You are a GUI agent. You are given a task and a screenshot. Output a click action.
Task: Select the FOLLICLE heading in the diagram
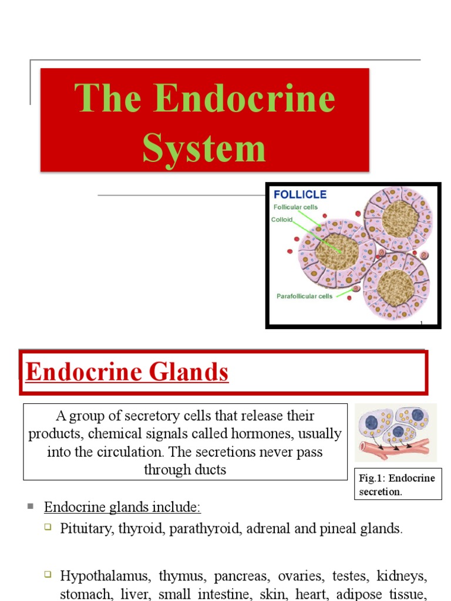pyautogui.click(x=300, y=194)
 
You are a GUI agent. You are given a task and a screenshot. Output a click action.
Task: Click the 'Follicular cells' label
pyautogui.click(x=296, y=207)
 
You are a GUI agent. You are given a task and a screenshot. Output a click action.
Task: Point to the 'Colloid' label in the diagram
pyautogui.click(x=281, y=220)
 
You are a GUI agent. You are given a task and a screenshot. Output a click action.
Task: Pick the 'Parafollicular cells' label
pyautogui.click(x=304, y=296)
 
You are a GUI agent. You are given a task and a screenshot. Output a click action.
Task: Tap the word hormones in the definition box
pyautogui.click(x=281, y=434)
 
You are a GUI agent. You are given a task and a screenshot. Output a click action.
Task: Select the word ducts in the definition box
pyautogui.click(x=211, y=470)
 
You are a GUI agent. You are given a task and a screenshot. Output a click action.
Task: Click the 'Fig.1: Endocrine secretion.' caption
pyautogui.click(x=397, y=484)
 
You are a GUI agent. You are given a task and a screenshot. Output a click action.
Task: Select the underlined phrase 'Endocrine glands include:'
pyautogui.click(x=122, y=507)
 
